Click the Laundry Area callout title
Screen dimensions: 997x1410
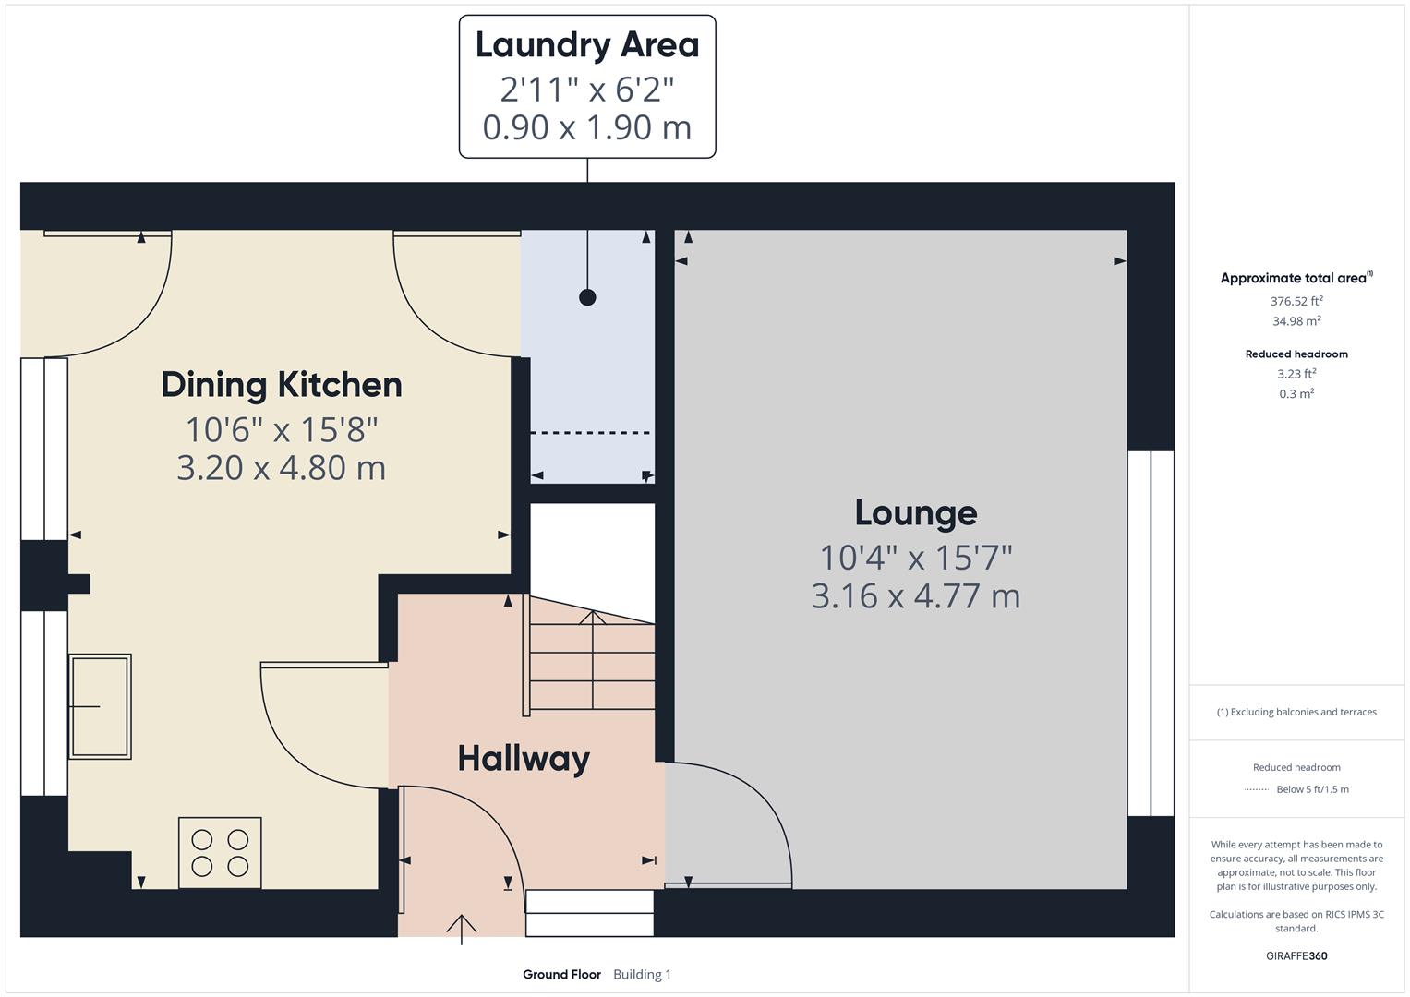(x=587, y=45)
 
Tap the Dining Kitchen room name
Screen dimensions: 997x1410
(x=282, y=385)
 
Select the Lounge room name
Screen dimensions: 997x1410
(x=915, y=513)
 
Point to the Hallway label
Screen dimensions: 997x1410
(x=524, y=759)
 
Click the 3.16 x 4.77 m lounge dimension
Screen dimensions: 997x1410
(x=915, y=596)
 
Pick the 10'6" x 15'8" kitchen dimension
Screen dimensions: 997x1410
(x=282, y=430)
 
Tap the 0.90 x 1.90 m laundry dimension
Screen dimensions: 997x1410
(x=587, y=127)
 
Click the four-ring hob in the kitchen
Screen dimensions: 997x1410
(x=220, y=853)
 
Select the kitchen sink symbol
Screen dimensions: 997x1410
(x=100, y=706)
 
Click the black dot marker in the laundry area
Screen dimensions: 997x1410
(x=587, y=297)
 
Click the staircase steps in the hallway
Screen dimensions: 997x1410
(x=592, y=665)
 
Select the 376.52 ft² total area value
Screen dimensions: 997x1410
(x=1296, y=301)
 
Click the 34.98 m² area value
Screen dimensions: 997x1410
(x=1296, y=321)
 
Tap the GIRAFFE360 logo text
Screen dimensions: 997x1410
(x=1296, y=956)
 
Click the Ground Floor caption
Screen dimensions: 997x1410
(x=561, y=975)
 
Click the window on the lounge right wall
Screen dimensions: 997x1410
(x=1151, y=633)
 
